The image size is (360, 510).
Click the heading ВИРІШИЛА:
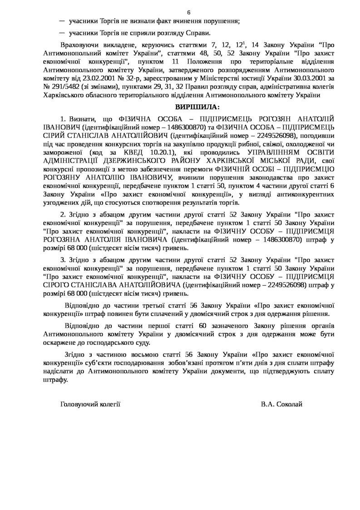(x=197, y=107)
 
